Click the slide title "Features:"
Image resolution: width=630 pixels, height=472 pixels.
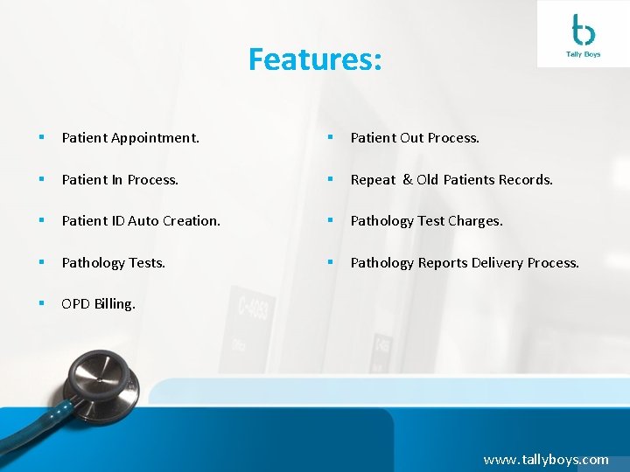point(315,59)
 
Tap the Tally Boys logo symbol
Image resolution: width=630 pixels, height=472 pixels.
point(583,30)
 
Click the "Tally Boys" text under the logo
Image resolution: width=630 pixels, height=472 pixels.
point(583,54)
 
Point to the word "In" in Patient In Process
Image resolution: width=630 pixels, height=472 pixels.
point(116,180)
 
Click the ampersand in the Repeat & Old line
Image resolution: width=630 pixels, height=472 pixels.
point(406,180)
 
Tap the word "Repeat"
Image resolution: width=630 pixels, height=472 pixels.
point(373,180)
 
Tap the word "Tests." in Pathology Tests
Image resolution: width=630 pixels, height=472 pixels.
point(147,263)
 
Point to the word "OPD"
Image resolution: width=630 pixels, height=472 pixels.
point(75,304)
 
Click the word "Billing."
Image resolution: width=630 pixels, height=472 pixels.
point(115,304)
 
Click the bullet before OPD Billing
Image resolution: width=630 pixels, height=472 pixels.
point(40,304)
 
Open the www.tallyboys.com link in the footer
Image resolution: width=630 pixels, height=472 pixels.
point(546,459)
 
